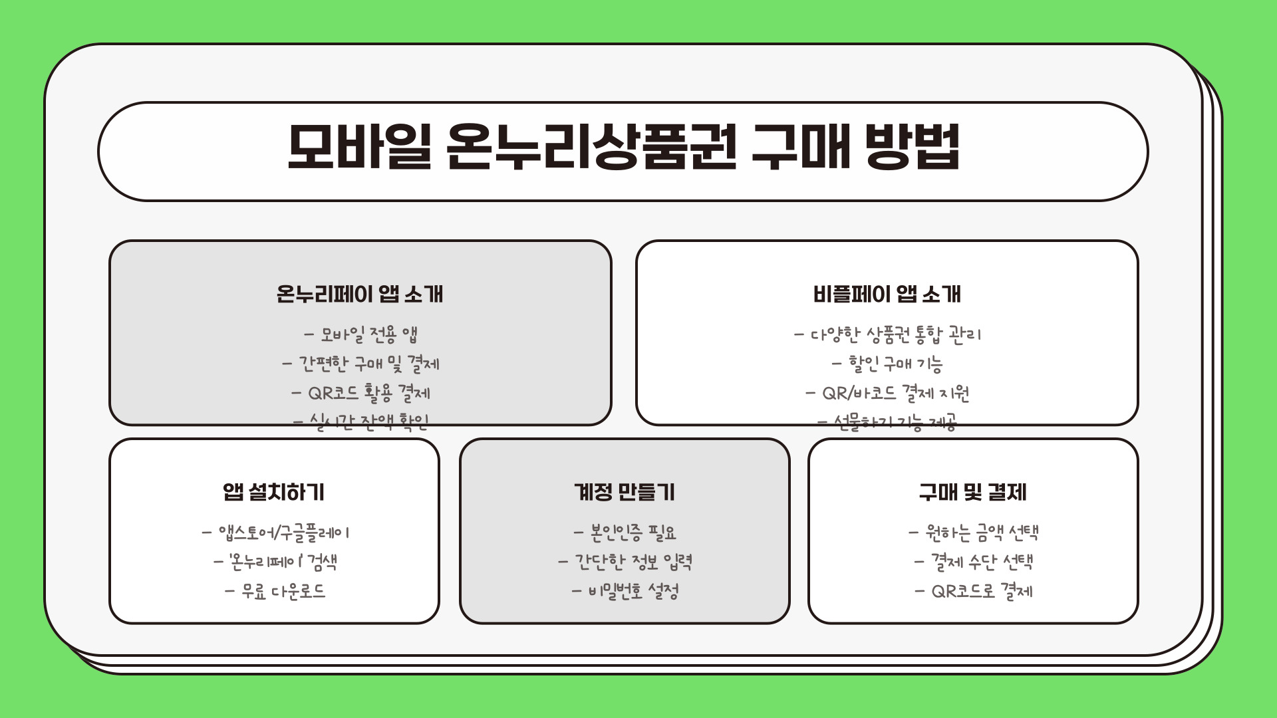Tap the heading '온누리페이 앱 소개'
360,294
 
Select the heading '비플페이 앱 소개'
887,294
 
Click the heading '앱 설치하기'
274,492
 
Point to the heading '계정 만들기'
624,492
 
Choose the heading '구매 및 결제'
972,492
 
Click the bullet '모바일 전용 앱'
368,334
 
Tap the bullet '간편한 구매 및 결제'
368,364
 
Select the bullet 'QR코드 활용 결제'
368,393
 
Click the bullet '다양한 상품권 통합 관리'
895,334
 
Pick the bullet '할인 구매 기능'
895,364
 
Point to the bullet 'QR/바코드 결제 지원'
895,393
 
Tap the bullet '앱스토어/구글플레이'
283,533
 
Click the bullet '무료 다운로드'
283,591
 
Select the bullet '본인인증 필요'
633,533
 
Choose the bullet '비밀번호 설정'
633,591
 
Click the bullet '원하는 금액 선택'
982,533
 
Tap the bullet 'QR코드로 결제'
982,591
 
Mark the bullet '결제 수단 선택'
982,562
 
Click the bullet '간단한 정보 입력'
633,562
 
